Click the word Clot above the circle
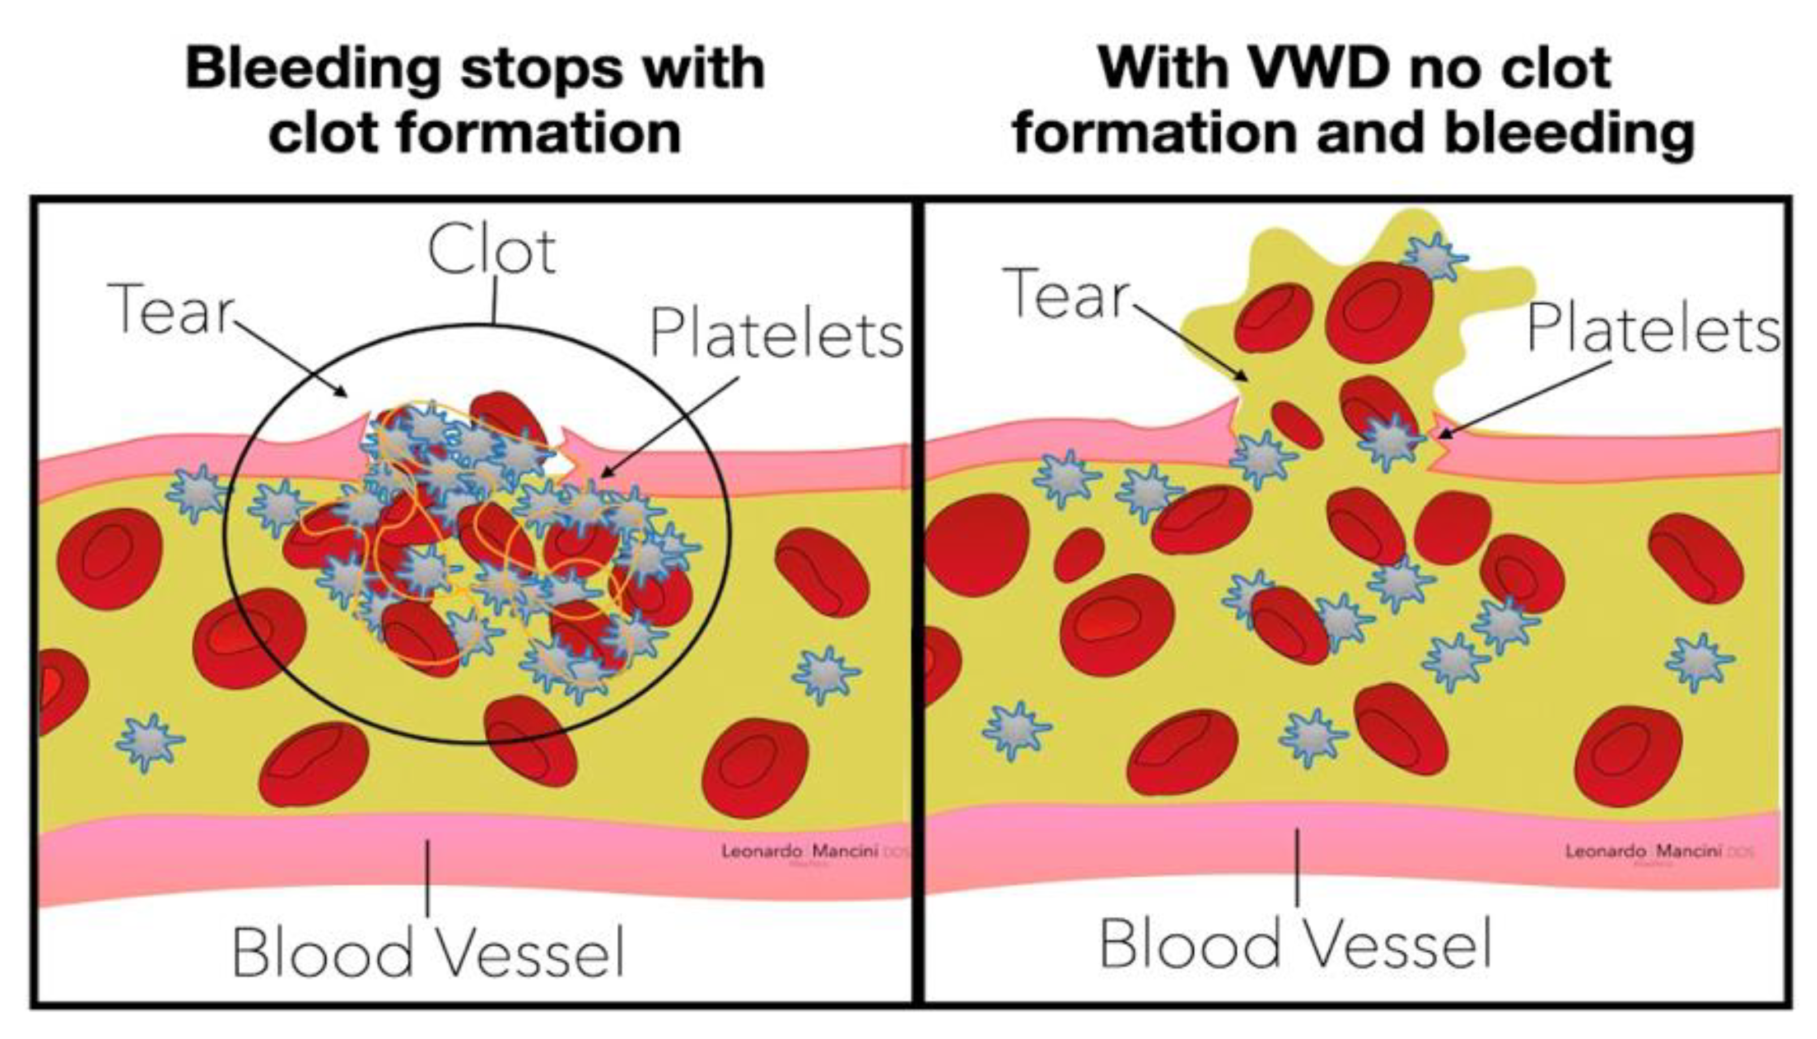pos(492,251)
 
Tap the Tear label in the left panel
pos(171,308)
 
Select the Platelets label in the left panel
pos(777,334)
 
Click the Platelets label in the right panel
pos(1653,330)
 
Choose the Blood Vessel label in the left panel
pos(428,952)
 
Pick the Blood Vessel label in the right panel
pos(1295,943)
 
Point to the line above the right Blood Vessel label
pos(1297,867)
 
